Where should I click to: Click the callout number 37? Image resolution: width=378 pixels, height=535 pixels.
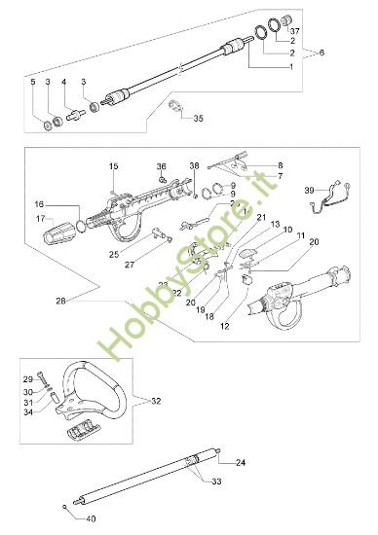[295, 31]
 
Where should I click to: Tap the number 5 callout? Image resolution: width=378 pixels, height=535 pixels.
[32, 83]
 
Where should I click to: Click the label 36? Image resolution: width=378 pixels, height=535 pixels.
[162, 166]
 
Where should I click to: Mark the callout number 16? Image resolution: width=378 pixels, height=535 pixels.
[39, 204]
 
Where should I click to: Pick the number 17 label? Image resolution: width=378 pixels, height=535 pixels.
[39, 219]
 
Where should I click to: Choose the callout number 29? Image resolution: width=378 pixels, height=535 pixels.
[29, 377]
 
